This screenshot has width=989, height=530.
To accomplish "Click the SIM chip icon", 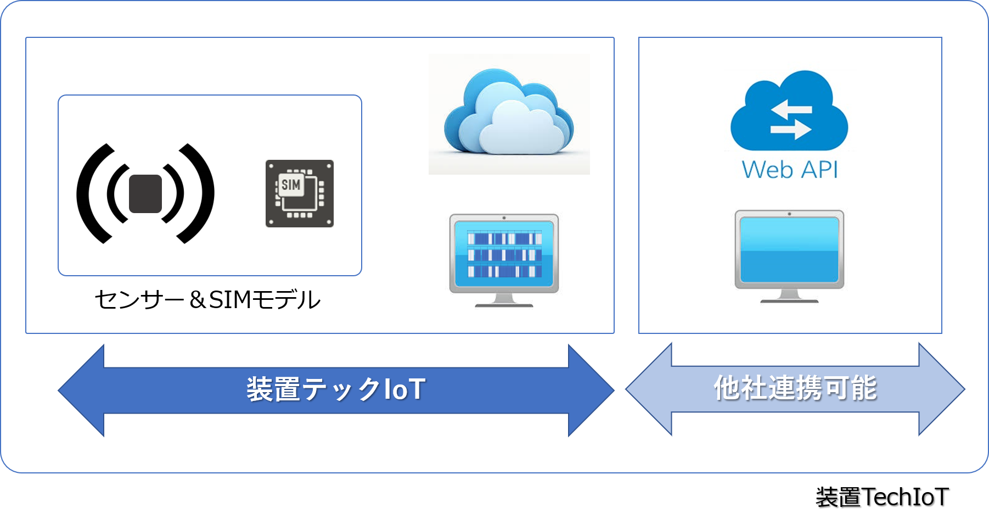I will coord(300,193).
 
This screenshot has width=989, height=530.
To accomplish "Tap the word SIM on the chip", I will coord(291,185).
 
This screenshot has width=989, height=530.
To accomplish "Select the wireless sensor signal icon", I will coord(145,193).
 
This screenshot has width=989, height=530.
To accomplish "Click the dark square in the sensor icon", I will coord(145,194).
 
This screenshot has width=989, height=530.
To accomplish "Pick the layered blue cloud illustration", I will coord(509,113).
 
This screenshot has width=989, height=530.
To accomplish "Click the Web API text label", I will coord(790,170).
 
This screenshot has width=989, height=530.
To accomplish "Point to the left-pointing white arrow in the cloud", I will coord(790,108).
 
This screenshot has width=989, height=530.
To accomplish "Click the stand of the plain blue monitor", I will coord(789,296).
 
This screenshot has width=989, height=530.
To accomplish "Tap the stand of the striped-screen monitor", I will coord(504,300).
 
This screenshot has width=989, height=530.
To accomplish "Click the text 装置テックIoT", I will coord(336,389).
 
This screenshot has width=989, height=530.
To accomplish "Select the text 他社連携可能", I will coord(795,388).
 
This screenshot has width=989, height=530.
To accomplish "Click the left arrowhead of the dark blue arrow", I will coord(82,390).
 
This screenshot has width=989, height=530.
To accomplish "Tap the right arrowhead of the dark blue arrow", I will coord(591,390).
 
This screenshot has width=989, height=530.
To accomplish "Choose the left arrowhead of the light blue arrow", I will coord(650,389).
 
